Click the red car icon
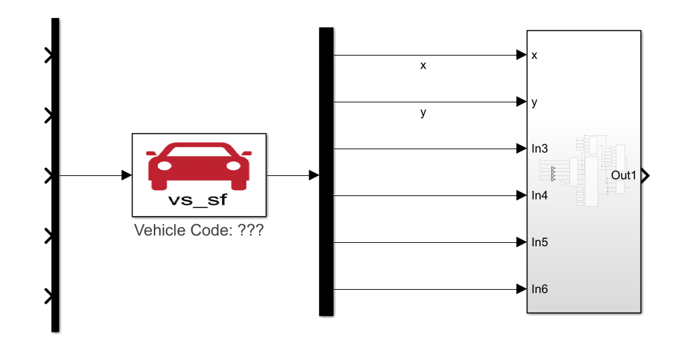199,165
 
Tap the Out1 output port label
624,176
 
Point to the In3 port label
539,149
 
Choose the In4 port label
539,195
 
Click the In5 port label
539,242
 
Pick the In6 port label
539,289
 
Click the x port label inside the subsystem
534,56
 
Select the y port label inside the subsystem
534,102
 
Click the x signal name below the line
423,66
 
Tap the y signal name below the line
423,112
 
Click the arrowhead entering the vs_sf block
126,175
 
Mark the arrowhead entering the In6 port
521,289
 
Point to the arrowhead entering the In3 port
521,149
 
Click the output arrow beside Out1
646,176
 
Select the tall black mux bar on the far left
56,174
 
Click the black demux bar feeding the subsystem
326,171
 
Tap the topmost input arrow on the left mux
48,56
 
